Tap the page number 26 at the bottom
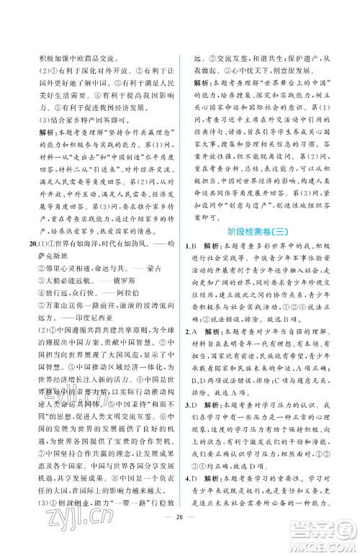[x=179, y=538]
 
